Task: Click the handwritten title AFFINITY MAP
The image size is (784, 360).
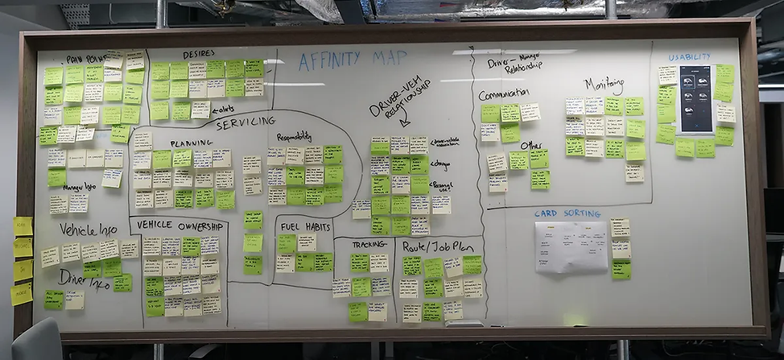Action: (355, 61)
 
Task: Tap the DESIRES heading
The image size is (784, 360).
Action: (198, 55)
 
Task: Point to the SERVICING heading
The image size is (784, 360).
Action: (246, 121)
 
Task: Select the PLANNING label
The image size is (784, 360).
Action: (192, 144)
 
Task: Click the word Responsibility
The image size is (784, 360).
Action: (294, 138)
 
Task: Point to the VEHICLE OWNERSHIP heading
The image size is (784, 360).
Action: (178, 225)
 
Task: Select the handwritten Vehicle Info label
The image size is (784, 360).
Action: (89, 230)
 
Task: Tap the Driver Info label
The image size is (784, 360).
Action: (84, 279)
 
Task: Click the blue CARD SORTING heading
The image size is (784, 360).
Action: (567, 213)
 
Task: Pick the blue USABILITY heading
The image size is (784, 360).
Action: (689, 57)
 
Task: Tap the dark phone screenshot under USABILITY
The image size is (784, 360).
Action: (695, 99)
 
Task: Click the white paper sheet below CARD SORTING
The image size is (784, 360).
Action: (571, 246)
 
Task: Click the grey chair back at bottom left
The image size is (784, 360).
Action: (36, 341)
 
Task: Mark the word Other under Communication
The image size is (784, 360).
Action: (531, 146)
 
